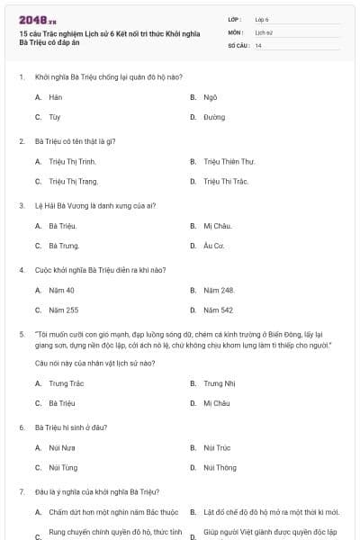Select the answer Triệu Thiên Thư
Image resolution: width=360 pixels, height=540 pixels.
(229, 161)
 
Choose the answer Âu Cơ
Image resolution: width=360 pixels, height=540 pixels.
(212, 245)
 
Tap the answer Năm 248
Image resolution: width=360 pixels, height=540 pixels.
(219, 290)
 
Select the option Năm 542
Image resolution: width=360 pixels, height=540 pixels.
(218, 310)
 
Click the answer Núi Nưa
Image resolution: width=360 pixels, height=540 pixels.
(62, 447)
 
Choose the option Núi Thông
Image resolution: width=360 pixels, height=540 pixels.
(220, 467)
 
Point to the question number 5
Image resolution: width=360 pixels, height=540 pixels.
(21, 333)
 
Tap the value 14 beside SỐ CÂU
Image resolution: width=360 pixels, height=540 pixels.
(258, 45)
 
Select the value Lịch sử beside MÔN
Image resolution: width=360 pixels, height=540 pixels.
(263, 31)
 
